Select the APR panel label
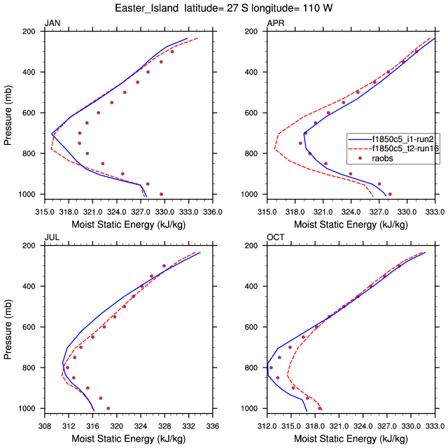click(275, 23)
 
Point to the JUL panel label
click(52, 237)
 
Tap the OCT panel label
click(276, 237)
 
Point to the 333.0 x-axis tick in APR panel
click(435, 211)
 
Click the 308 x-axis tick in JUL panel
click(44, 425)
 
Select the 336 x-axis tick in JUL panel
click(212, 425)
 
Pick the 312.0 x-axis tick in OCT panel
click(267, 425)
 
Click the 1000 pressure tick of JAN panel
click(30, 194)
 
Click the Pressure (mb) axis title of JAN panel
click(8, 113)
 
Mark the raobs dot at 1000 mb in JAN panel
click(161, 194)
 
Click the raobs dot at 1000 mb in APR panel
click(390, 194)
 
